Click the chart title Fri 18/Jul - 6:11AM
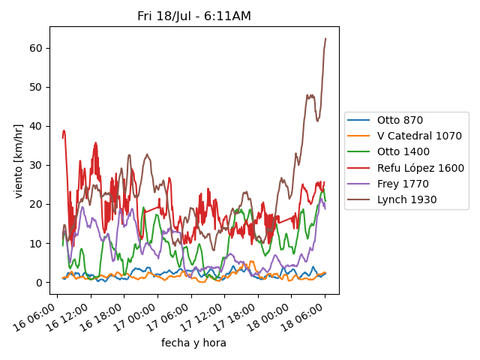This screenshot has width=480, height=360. tap(194, 16)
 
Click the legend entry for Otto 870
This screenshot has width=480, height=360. tap(400, 120)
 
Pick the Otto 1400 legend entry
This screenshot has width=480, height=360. tap(403, 152)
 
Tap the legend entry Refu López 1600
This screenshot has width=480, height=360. tap(420, 168)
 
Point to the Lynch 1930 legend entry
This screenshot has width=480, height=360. tap(406, 199)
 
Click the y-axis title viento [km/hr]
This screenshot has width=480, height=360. tap(19, 160)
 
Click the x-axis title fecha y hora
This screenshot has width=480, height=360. tap(193, 343)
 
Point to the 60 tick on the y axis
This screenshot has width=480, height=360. tap(36, 48)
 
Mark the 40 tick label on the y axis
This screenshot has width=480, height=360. tap(36, 126)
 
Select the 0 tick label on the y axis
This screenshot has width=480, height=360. tap(39, 283)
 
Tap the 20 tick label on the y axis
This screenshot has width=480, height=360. tap(36, 204)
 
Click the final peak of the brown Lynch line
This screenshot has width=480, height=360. tap(325, 38)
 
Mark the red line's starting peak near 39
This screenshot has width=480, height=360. tap(64, 130)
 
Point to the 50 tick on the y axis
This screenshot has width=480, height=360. tap(36, 87)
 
